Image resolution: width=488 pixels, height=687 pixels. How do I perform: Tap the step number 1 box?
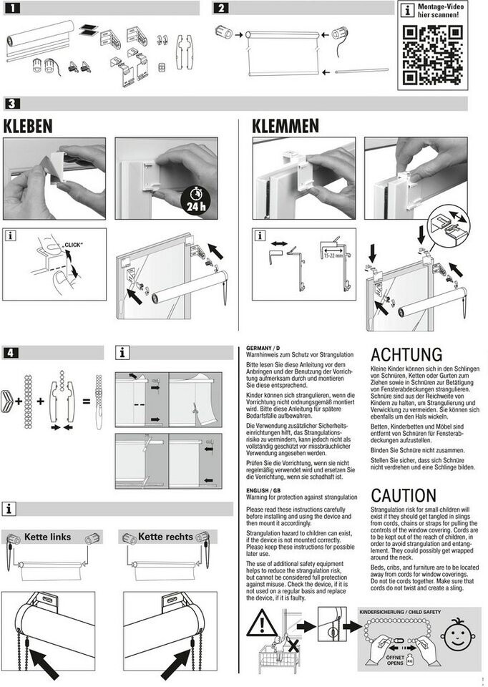[x=15, y=9]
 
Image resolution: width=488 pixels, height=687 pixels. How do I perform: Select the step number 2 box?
[x=222, y=9]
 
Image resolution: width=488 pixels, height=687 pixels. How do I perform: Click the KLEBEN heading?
[x=29, y=126]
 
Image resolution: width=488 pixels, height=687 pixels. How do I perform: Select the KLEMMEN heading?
[x=286, y=126]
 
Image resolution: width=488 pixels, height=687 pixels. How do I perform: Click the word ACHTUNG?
[x=406, y=354]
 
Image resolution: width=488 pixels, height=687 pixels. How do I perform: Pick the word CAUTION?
[x=404, y=495]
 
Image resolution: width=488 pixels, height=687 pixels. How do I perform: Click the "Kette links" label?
[x=47, y=536]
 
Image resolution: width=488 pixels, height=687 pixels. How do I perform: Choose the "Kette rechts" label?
[x=165, y=536]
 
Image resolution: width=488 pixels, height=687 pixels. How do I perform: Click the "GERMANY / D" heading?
[x=263, y=347]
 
